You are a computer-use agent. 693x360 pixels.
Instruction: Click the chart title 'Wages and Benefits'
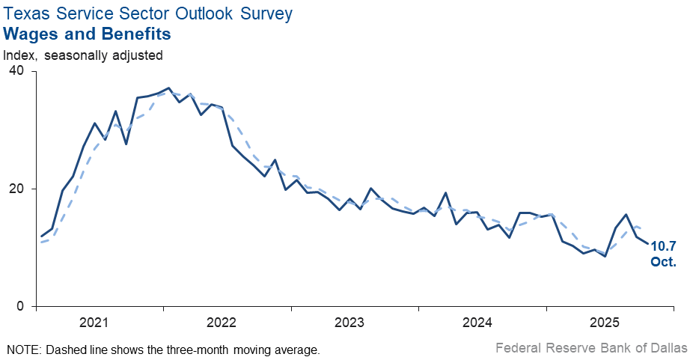[88, 34]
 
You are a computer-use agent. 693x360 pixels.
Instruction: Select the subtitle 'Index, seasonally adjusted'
[83, 55]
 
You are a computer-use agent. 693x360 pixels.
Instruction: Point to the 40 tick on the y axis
[16, 71]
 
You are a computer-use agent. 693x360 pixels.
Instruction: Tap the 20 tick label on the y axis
[16, 189]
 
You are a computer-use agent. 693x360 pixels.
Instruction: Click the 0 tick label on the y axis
[20, 306]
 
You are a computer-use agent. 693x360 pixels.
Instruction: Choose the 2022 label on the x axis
[222, 323]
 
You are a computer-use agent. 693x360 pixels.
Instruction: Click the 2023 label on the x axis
[349, 323]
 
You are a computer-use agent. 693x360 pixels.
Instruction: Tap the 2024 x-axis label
[477, 323]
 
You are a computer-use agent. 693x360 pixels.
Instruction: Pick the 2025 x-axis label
[605, 323]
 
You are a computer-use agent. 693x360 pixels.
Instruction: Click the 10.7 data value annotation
[663, 246]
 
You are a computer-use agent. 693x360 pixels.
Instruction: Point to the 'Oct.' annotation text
[663, 262]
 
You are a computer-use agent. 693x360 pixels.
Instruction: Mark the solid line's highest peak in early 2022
[168, 88]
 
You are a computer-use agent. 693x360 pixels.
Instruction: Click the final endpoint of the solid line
[648, 243]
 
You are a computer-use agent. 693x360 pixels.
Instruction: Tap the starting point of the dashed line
[41, 242]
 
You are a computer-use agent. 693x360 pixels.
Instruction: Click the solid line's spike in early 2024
[446, 193]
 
